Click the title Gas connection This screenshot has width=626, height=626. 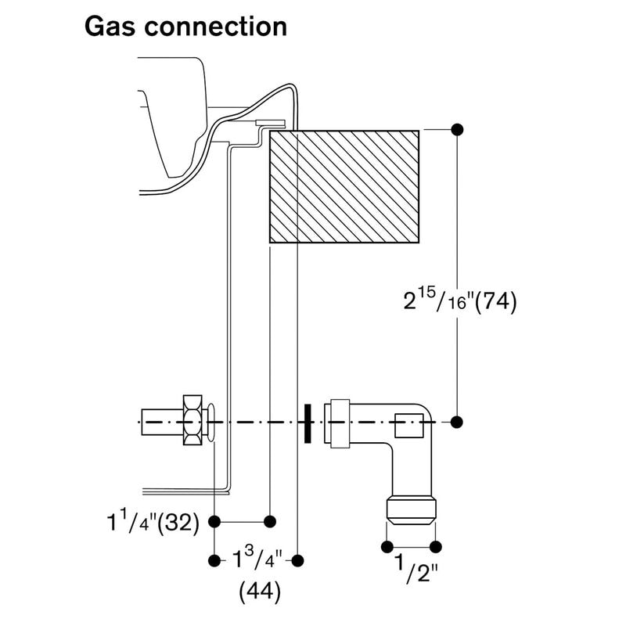[185, 26]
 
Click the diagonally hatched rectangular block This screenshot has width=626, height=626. [344, 186]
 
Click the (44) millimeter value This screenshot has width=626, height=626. [259, 592]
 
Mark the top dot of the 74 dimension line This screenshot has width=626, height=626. [457, 128]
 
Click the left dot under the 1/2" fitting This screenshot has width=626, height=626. [386, 546]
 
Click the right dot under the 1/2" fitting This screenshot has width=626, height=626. [436, 546]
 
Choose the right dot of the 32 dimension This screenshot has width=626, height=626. [270, 520]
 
